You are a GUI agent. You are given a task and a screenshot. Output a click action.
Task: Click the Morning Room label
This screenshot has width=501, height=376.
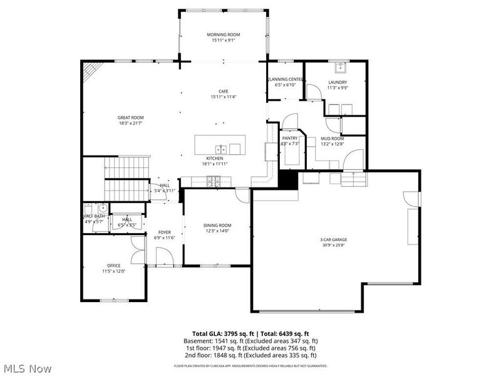tap(224, 34)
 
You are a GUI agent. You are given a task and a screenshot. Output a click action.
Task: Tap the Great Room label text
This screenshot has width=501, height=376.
tap(131, 117)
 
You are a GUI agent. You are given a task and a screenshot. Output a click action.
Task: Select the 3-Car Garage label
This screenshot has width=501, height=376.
tap(333, 239)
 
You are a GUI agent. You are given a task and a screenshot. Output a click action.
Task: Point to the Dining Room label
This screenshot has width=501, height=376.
tap(217, 225)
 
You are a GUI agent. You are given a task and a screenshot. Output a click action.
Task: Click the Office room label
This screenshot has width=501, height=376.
tap(113, 265)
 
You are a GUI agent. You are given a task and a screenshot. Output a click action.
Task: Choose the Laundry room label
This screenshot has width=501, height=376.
tap(337, 82)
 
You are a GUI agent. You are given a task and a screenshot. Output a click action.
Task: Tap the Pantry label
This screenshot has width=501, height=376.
tap(289, 138)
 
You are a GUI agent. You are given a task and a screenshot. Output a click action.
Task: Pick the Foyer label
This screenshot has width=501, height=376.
tap(164, 232)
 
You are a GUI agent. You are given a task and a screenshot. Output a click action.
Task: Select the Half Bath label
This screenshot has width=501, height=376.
tap(95, 216)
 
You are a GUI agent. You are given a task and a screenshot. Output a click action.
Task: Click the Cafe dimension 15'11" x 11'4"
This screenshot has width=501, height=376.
tap(224, 97)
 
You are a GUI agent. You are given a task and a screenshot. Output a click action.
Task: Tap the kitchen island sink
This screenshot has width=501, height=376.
tap(221, 149)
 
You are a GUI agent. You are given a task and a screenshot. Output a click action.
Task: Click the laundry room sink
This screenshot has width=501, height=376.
tap(341, 67)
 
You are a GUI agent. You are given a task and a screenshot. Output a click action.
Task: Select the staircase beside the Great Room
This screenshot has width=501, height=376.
tap(125, 179)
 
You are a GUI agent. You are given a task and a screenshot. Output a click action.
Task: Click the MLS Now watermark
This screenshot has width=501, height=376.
tap(27, 368)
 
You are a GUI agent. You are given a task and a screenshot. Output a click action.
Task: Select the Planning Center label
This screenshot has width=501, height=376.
tap(286, 80)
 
